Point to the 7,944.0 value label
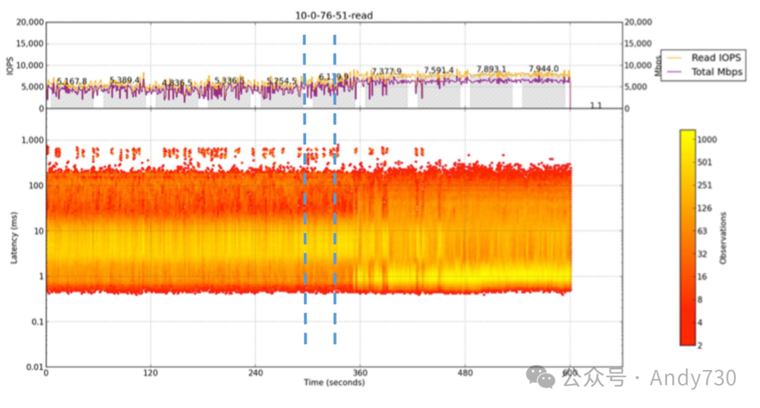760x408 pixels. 543,69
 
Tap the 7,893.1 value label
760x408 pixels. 491,69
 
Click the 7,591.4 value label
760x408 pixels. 438,70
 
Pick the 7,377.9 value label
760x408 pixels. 386,72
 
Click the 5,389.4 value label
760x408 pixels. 124,81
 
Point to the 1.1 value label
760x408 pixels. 596,106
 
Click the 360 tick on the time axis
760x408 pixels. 360,373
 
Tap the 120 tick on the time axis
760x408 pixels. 151,373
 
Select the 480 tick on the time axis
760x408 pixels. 464,373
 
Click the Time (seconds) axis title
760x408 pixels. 334,383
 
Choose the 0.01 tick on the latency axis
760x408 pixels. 34,366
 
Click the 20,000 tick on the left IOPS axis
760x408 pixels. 29,23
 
